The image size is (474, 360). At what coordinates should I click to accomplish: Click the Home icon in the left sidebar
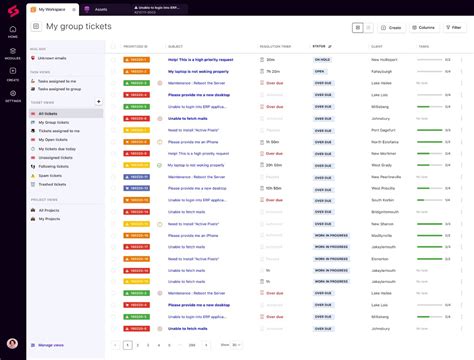(x=13, y=32)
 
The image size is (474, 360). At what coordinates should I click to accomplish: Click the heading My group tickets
(x=73, y=27)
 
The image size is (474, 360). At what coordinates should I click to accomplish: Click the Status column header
(x=320, y=46)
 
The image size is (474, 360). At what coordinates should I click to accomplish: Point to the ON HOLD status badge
(x=321, y=59)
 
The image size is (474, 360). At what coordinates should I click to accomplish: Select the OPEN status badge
(x=319, y=71)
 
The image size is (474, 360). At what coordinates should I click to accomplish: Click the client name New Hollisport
(x=384, y=59)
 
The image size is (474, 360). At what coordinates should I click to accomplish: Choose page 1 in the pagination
(x=128, y=344)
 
